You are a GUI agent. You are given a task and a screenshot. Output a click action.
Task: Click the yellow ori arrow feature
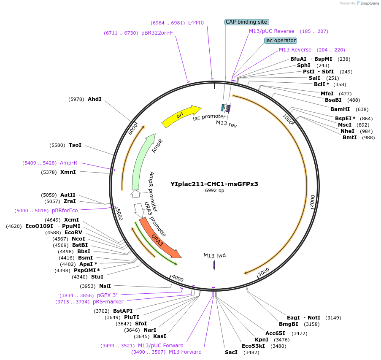(181, 115)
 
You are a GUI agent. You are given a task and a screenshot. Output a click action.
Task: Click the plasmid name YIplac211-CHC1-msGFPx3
(214, 184)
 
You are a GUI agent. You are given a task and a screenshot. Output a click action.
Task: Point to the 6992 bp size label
(214, 191)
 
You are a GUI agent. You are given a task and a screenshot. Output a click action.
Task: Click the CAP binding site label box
(246, 22)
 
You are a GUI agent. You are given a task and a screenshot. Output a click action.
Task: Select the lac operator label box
(281, 41)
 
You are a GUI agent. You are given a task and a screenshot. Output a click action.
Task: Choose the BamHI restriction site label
(340, 109)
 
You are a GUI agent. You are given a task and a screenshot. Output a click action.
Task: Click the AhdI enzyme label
(95, 99)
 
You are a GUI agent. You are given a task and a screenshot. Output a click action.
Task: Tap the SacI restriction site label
(231, 352)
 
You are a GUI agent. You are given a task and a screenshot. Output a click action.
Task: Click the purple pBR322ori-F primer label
(157, 33)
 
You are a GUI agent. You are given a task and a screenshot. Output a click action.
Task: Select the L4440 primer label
(196, 22)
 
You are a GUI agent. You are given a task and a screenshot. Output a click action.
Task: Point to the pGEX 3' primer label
(107, 295)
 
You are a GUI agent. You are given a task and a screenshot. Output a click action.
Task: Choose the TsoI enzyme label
(75, 145)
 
